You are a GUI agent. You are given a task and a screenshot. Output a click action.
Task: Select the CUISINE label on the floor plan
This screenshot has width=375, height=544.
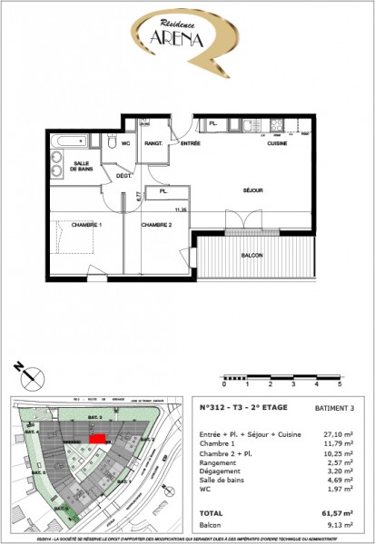pyautogui.click(x=277, y=144)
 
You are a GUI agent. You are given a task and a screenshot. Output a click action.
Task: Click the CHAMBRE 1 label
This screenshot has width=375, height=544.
pyautogui.click(x=63, y=224)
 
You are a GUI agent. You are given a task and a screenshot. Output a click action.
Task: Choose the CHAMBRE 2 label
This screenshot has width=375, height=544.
pyautogui.click(x=155, y=224)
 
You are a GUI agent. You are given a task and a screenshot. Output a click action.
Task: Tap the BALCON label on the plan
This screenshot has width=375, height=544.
pyautogui.click(x=252, y=256)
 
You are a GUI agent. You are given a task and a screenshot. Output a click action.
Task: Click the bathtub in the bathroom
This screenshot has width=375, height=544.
pyautogui.click(x=68, y=141)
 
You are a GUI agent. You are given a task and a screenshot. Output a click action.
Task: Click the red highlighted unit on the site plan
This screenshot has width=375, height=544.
pyautogui.click(x=97, y=438)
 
